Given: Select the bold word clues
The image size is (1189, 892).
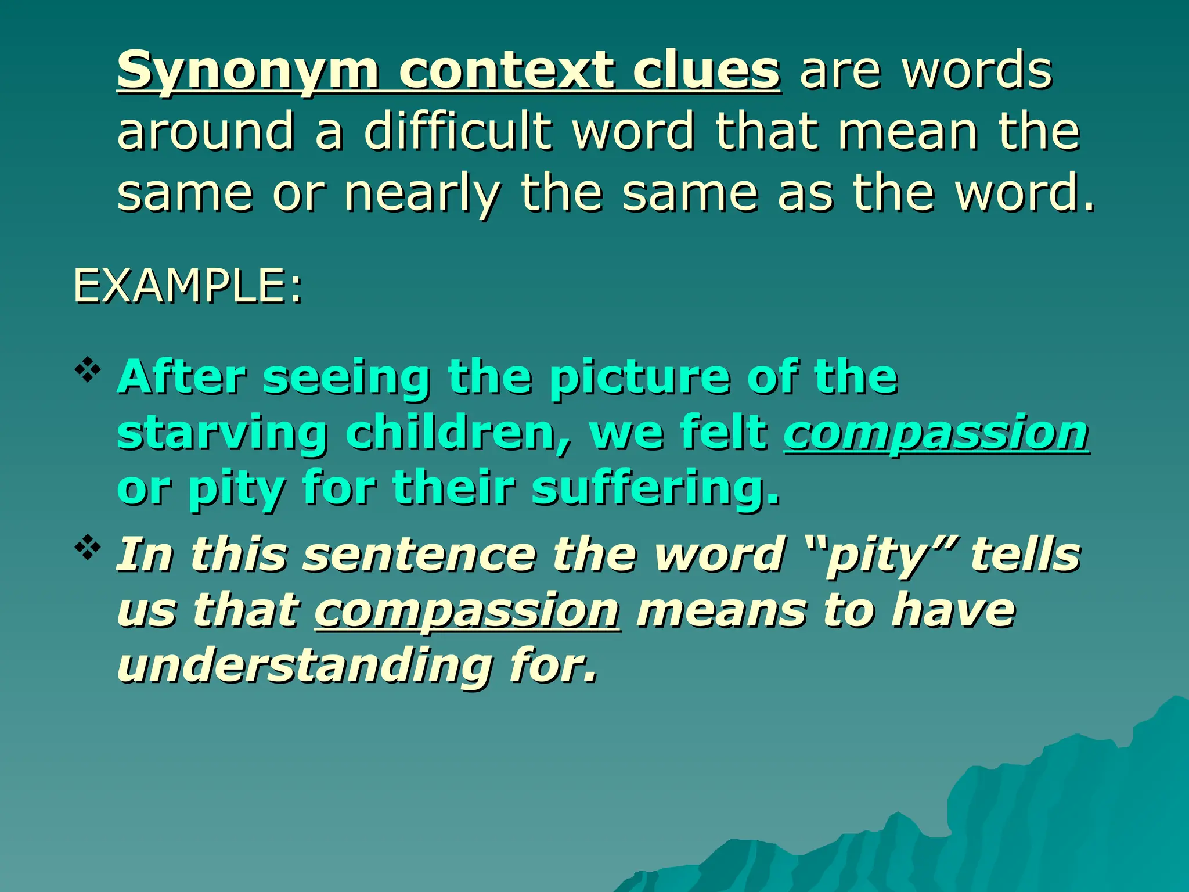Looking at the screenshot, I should [706, 71].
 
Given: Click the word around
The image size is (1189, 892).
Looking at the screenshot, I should [206, 132].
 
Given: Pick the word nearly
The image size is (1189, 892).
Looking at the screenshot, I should [422, 194].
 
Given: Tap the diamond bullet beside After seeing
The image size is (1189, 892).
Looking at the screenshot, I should [88, 372].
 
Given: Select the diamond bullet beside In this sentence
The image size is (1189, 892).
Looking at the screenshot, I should [88, 548].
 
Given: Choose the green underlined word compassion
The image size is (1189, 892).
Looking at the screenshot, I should [936, 433].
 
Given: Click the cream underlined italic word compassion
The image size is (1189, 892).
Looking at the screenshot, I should [467, 611].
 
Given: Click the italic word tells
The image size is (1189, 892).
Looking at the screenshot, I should [1026, 554].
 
